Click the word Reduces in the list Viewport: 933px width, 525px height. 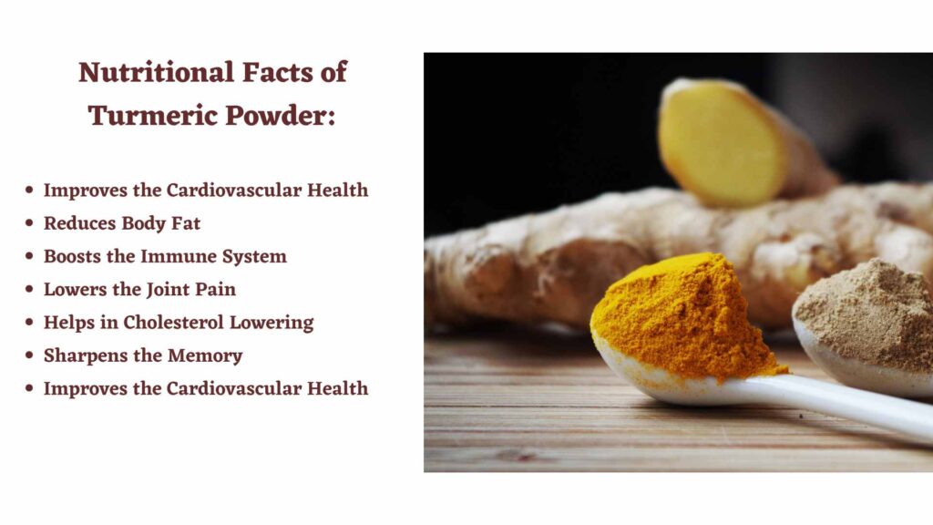tap(80, 223)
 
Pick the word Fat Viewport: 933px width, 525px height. tap(186, 223)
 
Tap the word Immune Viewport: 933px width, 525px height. tap(178, 256)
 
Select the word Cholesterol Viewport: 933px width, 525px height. tap(172, 323)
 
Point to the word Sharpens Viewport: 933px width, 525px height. tap(84, 356)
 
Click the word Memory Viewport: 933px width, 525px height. tap(205, 356)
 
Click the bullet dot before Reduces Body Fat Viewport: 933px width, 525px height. tap(29, 223)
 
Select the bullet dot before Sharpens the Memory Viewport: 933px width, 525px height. tap(29, 355)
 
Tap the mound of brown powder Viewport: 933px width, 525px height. tap(866, 313)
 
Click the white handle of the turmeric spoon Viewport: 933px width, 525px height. tap(845, 405)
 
